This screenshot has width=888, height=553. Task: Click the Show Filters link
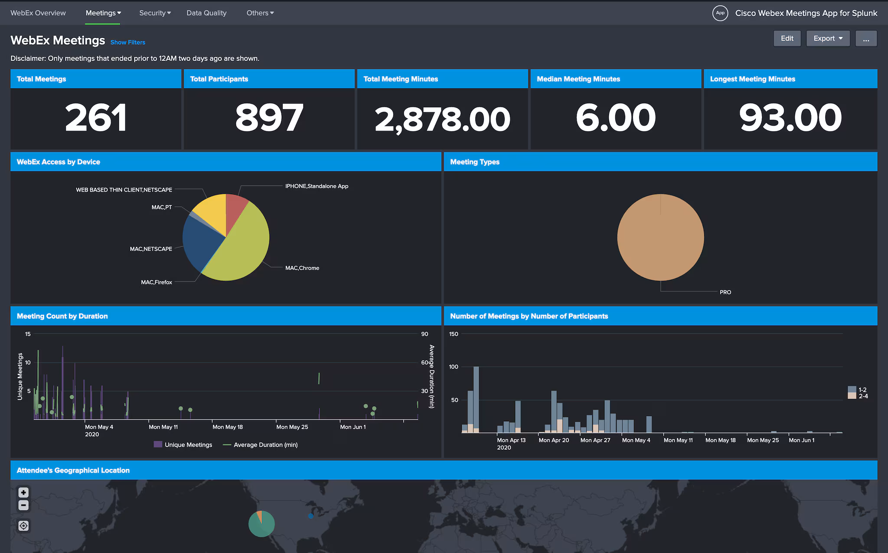[x=127, y=42]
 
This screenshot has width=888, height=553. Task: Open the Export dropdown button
[x=827, y=39]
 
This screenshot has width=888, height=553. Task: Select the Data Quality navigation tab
[x=206, y=13]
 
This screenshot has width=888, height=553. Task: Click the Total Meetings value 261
[x=96, y=118]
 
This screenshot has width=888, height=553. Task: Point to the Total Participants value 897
[x=269, y=118]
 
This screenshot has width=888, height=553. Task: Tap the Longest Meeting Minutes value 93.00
[x=790, y=118]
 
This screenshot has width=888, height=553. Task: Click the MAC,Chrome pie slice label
[x=302, y=268]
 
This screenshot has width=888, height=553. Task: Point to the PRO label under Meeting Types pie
[x=725, y=293]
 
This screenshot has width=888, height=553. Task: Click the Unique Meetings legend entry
[x=183, y=445]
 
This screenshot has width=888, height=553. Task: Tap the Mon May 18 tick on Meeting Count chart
[x=227, y=427]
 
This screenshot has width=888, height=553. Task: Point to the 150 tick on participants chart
[x=454, y=334]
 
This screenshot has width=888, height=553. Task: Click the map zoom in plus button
[x=23, y=492]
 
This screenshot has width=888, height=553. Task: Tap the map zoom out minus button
[x=23, y=505]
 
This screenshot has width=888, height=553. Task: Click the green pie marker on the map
[x=261, y=524]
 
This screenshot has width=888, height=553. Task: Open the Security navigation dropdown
[x=155, y=13]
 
